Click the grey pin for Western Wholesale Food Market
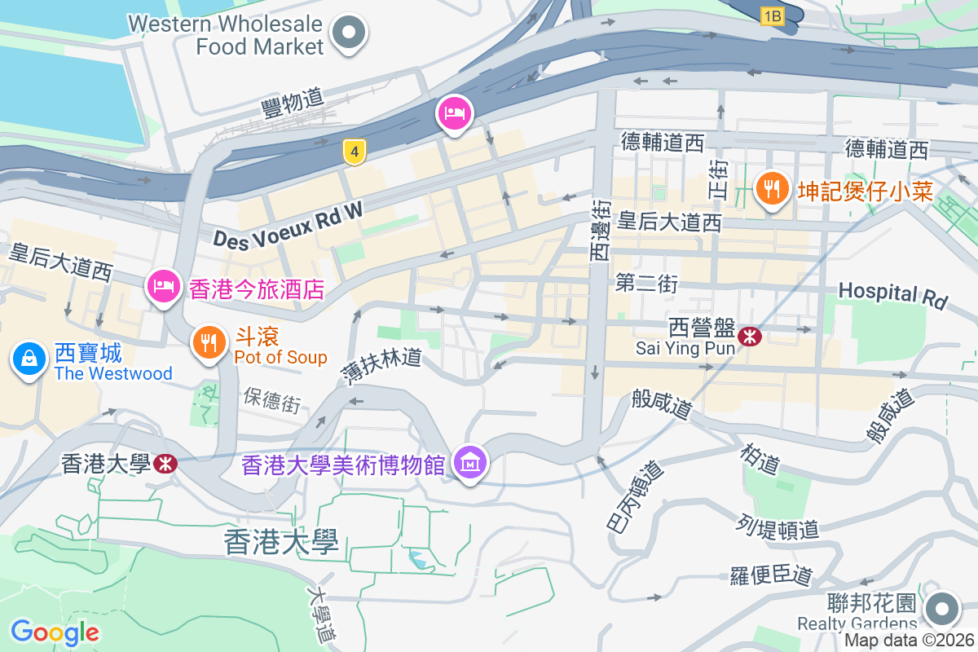click(x=350, y=33)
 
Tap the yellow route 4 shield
click(x=354, y=152)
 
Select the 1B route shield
click(x=773, y=15)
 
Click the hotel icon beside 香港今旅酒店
click(x=163, y=286)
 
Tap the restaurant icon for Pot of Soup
click(x=209, y=342)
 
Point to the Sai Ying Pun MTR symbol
click(x=749, y=335)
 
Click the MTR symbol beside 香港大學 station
click(x=165, y=464)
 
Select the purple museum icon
click(x=471, y=464)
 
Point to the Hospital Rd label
click(x=893, y=294)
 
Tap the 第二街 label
click(x=646, y=284)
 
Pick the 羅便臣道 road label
click(x=771, y=574)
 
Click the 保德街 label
click(x=271, y=400)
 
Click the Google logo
click(x=55, y=632)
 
